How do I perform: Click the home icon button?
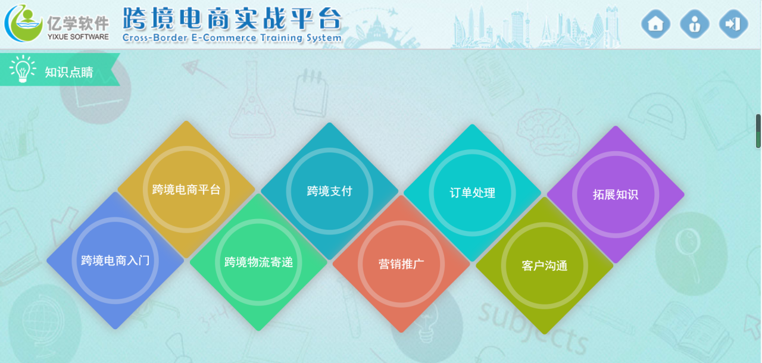tap(655, 24)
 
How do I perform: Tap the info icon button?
tap(694, 24)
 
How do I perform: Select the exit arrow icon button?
tap(733, 24)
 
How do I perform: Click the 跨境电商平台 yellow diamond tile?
tap(186, 189)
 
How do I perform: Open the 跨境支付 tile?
tap(329, 191)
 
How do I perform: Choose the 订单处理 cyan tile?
tap(472, 193)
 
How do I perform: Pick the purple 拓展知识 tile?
tap(616, 195)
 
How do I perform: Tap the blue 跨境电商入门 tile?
tap(115, 261)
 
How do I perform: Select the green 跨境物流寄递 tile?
tap(258, 262)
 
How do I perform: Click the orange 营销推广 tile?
tap(401, 264)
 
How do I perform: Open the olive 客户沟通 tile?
tap(544, 266)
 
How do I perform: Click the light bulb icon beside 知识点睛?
tap(23, 68)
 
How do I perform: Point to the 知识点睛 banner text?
tap(69, 72)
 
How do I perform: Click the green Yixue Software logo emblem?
tap(23, 23)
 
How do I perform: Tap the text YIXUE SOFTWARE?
tap(78, 37)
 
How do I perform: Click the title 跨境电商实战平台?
tap(232, 18)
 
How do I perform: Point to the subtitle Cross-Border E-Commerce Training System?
tap(232, 37)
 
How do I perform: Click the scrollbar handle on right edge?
tap(758, 131)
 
